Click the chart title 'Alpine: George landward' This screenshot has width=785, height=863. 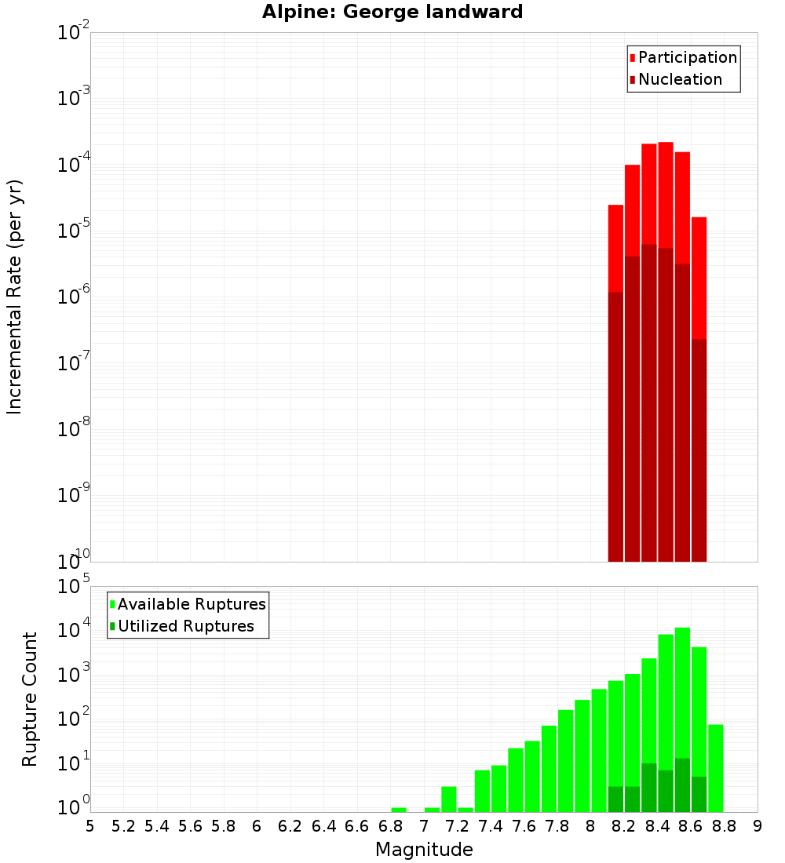pyautogui.click(x=392, y=12)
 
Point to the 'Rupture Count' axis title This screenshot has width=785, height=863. pyautogui.click(x=30, y=698)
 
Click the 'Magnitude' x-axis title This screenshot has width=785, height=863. pyautogui.click(x=424, y=850)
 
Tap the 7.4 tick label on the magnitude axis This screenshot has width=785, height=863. pyautogui.click(x=490, y=826)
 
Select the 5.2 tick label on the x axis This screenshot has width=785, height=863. pyautogui.click(x=123, y=826)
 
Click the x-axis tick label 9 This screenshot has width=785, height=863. pyautogui.click(x=758, y=826)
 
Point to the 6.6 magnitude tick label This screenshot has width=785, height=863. pyautogui.click(x=356, y=826)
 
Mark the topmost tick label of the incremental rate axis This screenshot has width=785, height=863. pyautogui.click(x=74, y=33)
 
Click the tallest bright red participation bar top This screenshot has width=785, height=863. pyautogui.click(x=666, y=144)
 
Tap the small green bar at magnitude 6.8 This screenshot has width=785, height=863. pyautogui.click(x=399, y=810)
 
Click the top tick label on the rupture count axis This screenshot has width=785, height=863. pyautogui.click(x=74, y=587)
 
